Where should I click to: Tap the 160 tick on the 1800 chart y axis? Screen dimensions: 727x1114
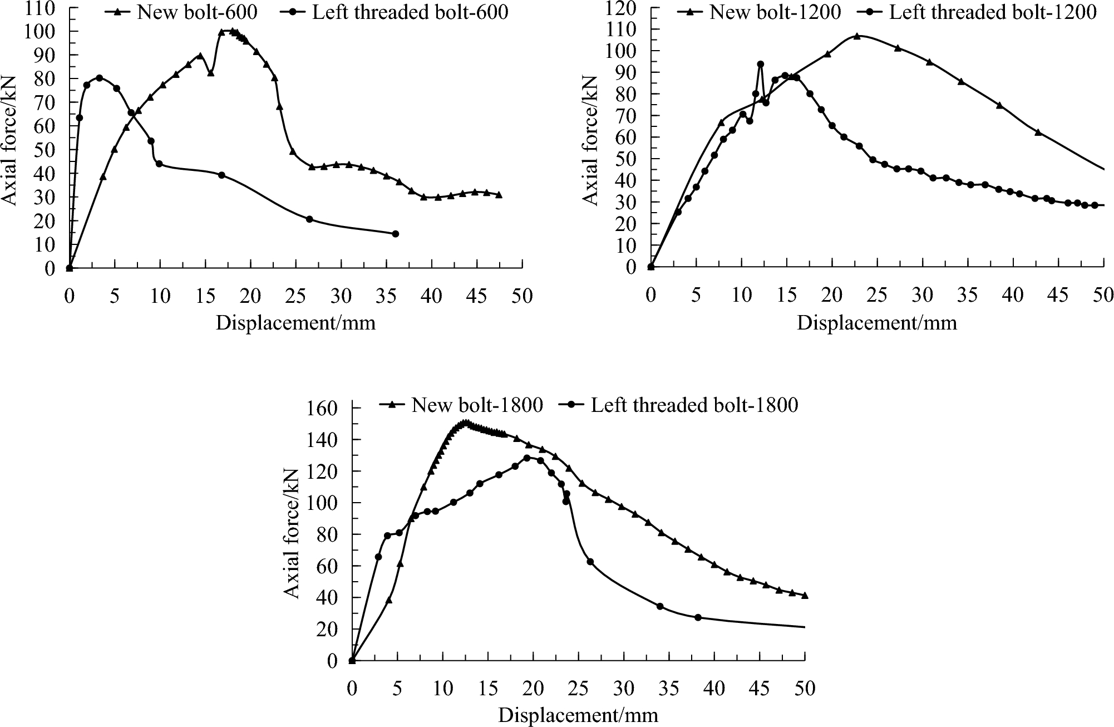[322, 409]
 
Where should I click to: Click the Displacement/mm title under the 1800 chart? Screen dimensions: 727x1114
[578, 715]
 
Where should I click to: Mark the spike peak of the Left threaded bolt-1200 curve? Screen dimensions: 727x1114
[760, 65]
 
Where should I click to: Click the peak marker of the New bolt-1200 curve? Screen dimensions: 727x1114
[857, 36]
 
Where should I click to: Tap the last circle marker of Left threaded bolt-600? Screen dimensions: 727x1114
[395, 234]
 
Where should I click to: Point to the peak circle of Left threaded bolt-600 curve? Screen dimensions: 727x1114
[99, 78]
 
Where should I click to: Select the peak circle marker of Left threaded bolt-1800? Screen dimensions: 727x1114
[527, 458]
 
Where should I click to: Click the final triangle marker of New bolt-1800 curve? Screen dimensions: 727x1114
[805, 595]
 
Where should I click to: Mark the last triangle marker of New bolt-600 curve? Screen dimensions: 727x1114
[499, 195]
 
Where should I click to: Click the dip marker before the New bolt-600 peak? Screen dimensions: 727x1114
[210, 73]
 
